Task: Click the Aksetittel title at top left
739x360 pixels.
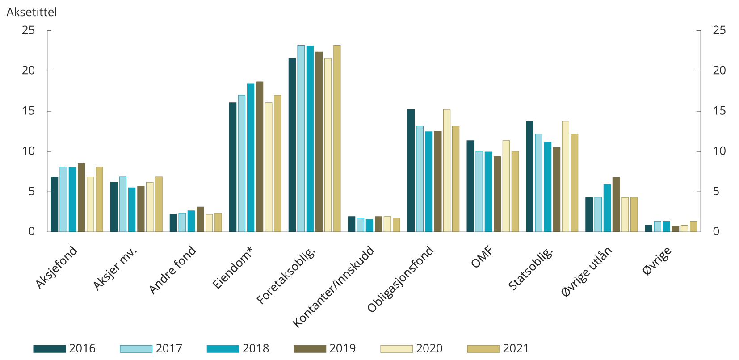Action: pyautogui.click(x=32, y=12)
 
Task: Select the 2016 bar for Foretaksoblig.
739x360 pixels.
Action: pyautogui.click(x=292, y=145)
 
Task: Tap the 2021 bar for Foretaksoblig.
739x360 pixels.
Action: pyautogui.click(x=337, y=138)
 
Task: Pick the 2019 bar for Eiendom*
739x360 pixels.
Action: pyautogui.click(x=260, y=157)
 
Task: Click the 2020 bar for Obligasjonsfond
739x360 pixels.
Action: pyautogui.click(x=447, y=171)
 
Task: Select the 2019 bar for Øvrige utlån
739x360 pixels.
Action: pyautogui.click(x=616, y=205)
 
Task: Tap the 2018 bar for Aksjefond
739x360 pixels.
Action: pyautogui.click(x=72, y=200)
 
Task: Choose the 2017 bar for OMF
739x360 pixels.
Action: pyautogui.click(x=479, y=192)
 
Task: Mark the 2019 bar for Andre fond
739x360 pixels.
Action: pyautogui.click(x=200, y=219)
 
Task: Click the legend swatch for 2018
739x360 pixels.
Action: pyautogui.click(x=223, y=349)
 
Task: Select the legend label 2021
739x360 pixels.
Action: pyautogui.click(x=516, y=348)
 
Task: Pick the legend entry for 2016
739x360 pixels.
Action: pyautogui.click(x=64, y=348)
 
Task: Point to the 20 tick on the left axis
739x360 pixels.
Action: pyautogui.click(x=28, y=71)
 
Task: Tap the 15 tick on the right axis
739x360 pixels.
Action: pyautogui.click(x=719, y=111)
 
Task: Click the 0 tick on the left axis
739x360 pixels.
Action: pyautogui.click(x=31, y=231)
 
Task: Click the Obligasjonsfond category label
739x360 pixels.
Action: pyautogui.click(x=400, y=279)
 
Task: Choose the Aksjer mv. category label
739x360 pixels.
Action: pyautogui.click(x=115, y=268)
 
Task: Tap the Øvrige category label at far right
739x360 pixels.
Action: pyautogui.click(x=657, y=261)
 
